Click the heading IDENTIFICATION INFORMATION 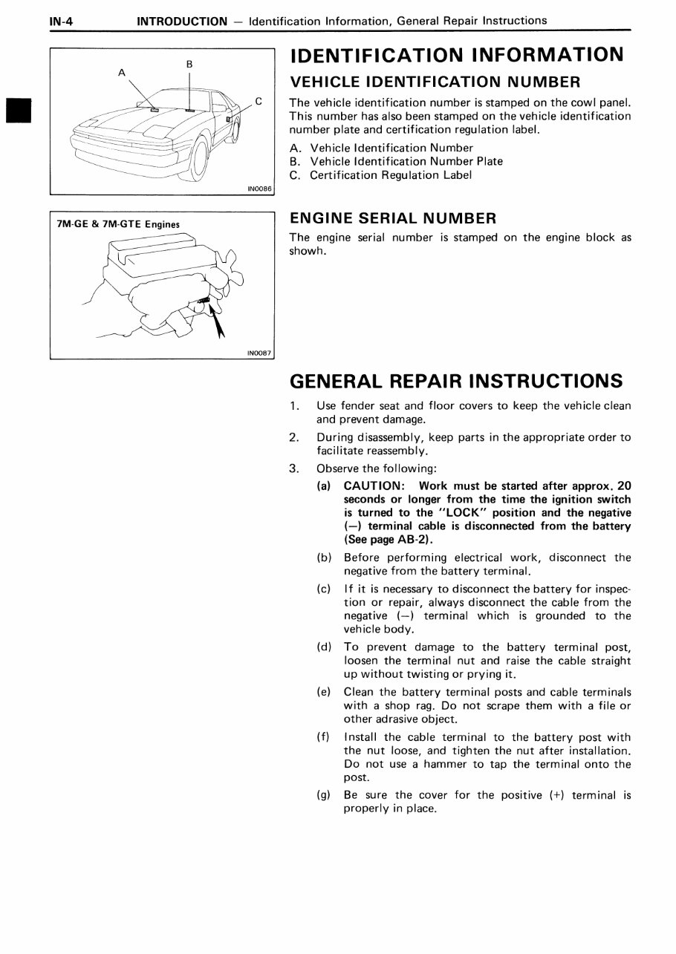pyautogui.click(x=456, y=55)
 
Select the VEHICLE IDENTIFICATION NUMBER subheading pyautogui.click(x=435, y=82)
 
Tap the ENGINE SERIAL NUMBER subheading pyautogui.click(x=392, y=218)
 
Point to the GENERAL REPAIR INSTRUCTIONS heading pyautogui.click(x=455, y=381)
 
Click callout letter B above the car pyautogui.click(x=189, y=64)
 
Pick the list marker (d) pyautogui.click(x=324, y=647)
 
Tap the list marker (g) pyautogui.click(x=324, y=795)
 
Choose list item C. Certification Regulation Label pyautogui.click(x=380, y=175)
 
